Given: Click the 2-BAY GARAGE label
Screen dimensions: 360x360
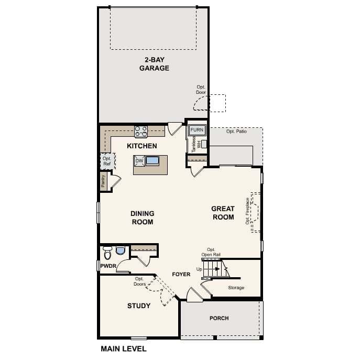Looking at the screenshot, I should [x=154, y=63].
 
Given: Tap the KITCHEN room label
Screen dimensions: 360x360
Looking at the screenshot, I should [x=142, y=146].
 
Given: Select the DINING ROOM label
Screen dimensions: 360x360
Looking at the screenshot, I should [x=142, y=217].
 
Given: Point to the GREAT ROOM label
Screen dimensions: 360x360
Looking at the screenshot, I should [x=223, y=213].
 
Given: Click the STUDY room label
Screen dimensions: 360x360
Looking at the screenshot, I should [x=139, y=306].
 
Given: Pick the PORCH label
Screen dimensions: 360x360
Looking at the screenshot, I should [x=219, y=318].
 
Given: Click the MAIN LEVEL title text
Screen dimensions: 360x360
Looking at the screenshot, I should [x=123, y=348].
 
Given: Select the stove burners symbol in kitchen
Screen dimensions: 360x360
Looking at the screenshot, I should [x=140, y=130].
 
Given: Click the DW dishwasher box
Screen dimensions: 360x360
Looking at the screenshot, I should [x=139, y=161].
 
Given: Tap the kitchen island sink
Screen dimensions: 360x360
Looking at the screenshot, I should [x=152, y=161].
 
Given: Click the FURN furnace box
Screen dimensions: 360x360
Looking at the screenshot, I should [x=197, y=130].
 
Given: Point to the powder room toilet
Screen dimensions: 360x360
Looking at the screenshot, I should [x=108, y=253].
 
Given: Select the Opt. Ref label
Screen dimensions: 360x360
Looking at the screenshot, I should [x=107, y=161].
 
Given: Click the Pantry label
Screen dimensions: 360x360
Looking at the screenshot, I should [x=104, y=181].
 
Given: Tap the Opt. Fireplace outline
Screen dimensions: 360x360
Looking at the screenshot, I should [x=256, y=212].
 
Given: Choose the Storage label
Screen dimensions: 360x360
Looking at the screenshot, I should [x=236, y=288].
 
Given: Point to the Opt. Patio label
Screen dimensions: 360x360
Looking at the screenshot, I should [x=236, y=131].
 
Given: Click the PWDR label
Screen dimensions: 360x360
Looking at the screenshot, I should [x=108, y=266].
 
